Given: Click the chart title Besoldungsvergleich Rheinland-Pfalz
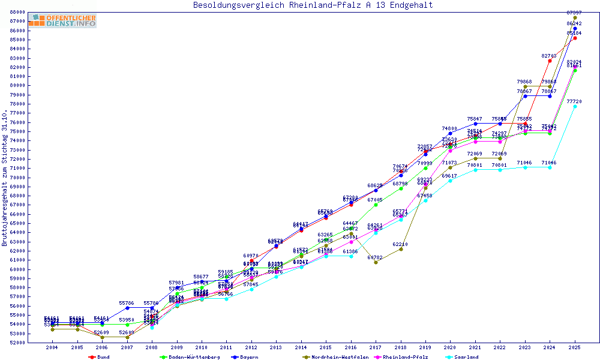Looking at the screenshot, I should point(313,5).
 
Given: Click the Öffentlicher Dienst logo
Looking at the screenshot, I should point(62,21).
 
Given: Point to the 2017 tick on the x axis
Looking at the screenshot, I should point(376,347).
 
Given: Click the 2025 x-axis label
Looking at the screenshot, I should point(575,347).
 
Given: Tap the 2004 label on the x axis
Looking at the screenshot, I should point(52,347).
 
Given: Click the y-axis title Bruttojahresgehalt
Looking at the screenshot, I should point(5,178).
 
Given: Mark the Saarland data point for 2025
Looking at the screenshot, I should point(575,107).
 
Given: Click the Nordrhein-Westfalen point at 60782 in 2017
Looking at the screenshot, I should point(376,262).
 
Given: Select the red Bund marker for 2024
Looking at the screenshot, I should point(550,61).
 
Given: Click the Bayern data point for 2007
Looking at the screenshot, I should point(127,308).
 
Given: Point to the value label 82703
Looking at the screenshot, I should point(549,56).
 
